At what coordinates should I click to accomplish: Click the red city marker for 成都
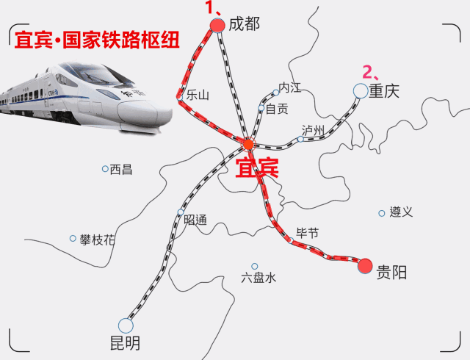point(217,26)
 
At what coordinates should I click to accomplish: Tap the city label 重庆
point(383,91)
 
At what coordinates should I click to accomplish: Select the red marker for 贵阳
point(365,266)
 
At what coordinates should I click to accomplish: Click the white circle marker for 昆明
point(126,325)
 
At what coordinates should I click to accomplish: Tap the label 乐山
point(198,95)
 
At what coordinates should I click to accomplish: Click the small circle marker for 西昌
point(105,169)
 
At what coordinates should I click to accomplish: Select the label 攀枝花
point(98,240)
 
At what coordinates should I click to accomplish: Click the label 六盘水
point(258,278)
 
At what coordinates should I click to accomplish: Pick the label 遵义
point(401,212)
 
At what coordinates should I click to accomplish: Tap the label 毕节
point(307,233)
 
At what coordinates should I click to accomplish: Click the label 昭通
point(195,220)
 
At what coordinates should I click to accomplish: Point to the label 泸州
point(313,130)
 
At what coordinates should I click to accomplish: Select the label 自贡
point(277,109)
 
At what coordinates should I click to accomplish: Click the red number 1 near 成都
point(210,9)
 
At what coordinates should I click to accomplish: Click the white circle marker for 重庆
point(360,90)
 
